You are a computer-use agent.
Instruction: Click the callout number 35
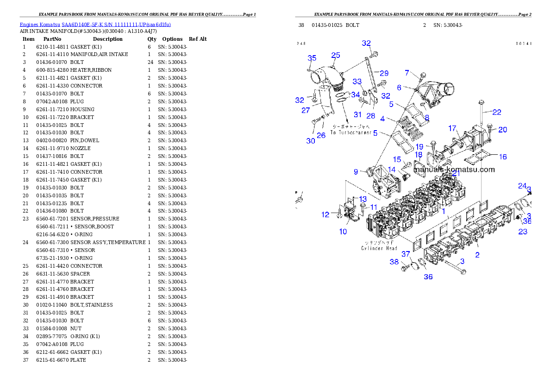point(312,58)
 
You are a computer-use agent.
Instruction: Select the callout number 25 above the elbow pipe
point(335,55)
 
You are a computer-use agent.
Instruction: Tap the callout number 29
point(384,73)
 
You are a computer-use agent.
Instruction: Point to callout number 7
point(407,73)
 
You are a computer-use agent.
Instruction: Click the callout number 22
point(496,112)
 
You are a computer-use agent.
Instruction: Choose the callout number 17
point(452,128)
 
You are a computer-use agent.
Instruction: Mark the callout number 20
point(502,130)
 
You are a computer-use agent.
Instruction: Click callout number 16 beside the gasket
point(502,157)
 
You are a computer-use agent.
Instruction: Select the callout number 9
point(356,172)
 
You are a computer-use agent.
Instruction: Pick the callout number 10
point(343,232)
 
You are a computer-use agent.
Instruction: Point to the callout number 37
point(406,254)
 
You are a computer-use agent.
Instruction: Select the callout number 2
point(477,254)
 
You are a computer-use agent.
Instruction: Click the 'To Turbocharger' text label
point(351,132)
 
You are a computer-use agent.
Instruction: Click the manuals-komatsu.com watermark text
point(454,170)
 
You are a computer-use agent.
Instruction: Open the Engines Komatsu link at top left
point(95,24)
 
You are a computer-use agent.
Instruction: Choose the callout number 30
point(310,140)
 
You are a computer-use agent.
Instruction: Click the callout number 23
point(522,232)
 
